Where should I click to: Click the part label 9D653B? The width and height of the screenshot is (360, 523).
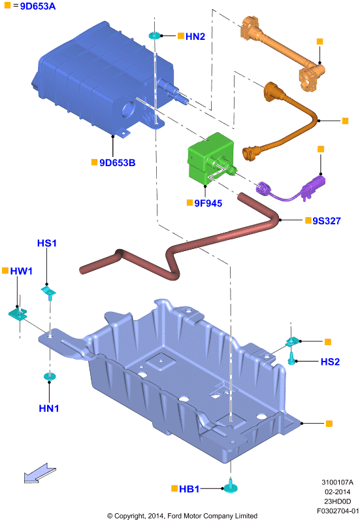[x=118, y=163]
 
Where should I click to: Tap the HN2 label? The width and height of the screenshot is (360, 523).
[x=195, y=37]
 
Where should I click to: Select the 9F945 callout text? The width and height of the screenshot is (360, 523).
[x=208, y=203]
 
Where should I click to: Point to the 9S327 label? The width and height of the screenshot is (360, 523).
[x=326, y=221]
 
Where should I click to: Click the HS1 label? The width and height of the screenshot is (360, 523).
[x=46, y=243]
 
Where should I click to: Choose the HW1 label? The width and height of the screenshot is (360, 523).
[x=22, y=271]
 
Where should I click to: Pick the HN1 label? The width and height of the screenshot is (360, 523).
[x=48, y=408]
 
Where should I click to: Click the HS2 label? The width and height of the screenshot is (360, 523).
[x=330, y=362]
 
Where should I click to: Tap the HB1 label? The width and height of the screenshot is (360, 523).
[x=189, y=489]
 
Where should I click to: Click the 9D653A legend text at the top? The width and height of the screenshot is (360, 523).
[x=38, y=7]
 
